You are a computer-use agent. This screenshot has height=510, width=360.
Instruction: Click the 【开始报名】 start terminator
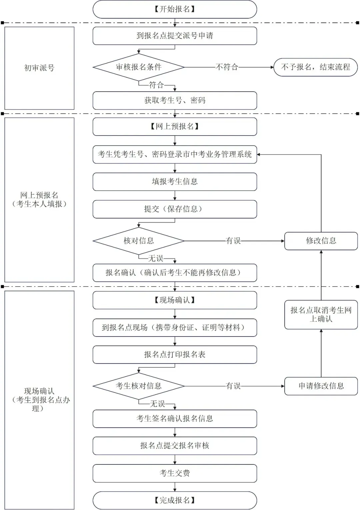click(x=175, y=9)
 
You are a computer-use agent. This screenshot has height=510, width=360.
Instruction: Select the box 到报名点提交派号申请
click(x=175, y=36)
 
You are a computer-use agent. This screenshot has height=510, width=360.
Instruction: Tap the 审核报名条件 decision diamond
click(x=139, y=67)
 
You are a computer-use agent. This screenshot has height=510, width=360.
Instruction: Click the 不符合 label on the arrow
click(x=227, y=67)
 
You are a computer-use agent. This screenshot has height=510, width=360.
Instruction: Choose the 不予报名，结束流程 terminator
click(x=315, y=67)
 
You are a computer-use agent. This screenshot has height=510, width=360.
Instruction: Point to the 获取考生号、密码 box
click(x=175, y=101)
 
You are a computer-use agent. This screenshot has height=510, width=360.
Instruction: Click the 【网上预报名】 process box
click(x=175, y=127)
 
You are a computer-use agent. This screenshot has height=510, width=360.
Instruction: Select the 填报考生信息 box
click(x=175, y=182)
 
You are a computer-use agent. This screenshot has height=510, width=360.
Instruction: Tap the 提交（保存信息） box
click(x=175, y=209)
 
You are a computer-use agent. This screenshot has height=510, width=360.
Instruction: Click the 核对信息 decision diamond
click(x=139, y=241)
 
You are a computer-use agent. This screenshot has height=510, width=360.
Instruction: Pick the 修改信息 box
click(x=321, y=241)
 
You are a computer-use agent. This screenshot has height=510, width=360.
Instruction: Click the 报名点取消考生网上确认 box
click(x=321, y=315)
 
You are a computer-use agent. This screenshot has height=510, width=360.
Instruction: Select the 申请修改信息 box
click(x=321, y=386)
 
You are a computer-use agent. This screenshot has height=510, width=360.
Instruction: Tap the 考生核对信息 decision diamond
click(x=139, y=386)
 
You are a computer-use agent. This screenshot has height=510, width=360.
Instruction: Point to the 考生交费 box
click(x=175, y=473)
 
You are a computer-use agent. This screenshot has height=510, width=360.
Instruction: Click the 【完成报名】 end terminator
click(x=175, y=500)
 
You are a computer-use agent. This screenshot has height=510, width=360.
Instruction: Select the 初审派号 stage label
click(x=39, y=68)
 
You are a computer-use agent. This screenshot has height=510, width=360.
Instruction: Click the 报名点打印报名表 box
click(x=175, y=355)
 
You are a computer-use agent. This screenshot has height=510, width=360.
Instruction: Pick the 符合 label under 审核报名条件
click(x=156, y=85)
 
